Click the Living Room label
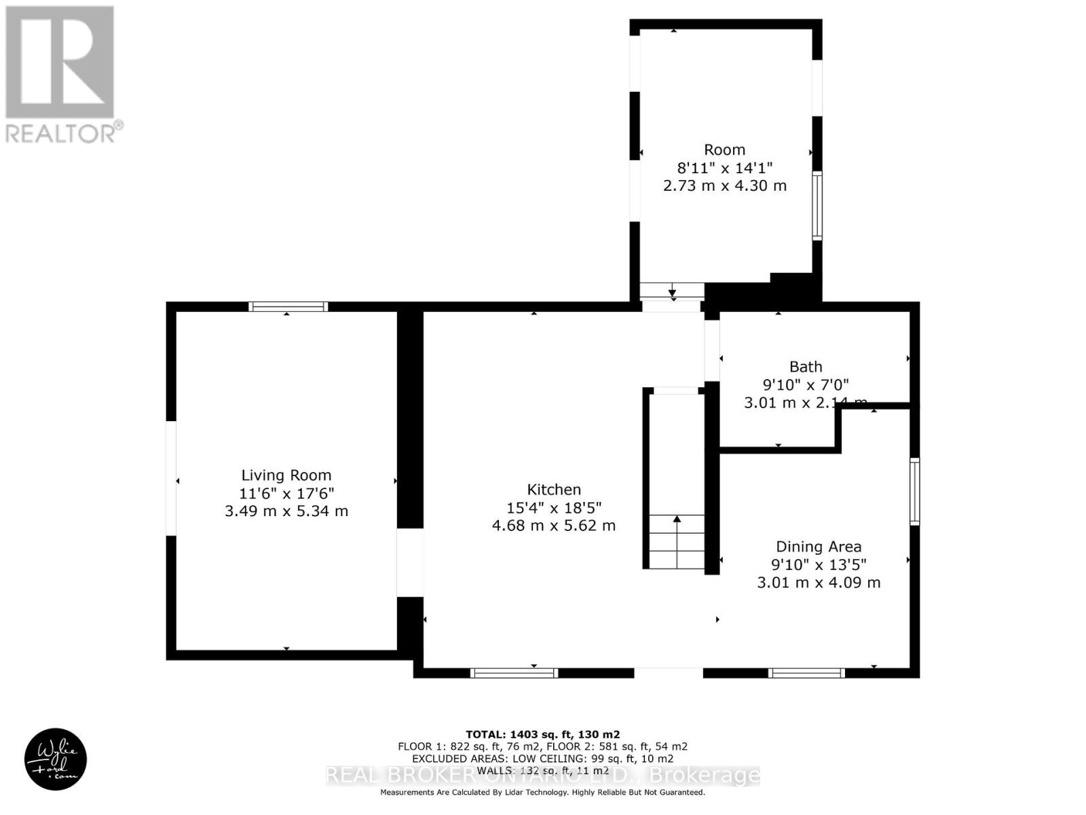[x=286, y=475]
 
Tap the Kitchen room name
[x=554, y=490]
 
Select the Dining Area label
[x=819, y=547]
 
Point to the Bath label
[x=806, y=367]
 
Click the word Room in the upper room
[x=724, y=150]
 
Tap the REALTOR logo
[x=62, y=75]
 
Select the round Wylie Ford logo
[x=56, y=759]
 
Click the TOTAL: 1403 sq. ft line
[x=542, y=734]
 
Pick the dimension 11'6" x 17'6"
[x=286, y=493]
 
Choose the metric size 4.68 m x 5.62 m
[x=554, y=526]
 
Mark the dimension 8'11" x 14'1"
[x=724, y=168]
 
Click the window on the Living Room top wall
[x=288, y=307]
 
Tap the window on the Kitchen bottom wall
[x=514, y=673]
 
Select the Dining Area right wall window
[x=914, y=492]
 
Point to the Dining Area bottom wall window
[x=806, y=673]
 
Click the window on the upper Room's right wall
[x=817, y=206]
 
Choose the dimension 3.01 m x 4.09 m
[x=819, y=583]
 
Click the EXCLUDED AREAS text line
[x=542, y=759]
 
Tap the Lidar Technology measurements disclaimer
[x=542, y=793]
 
